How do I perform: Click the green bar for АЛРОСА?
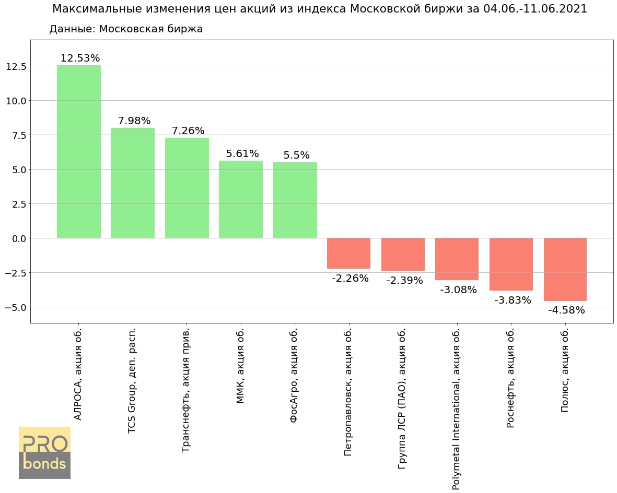(x=78, y=151)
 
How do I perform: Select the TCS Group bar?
(x=133, y=183)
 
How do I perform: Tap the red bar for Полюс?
(x=565, y=269)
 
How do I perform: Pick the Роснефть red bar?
(x=511, y=264)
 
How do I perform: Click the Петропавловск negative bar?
(x=348, y=253)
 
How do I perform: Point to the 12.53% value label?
(x=80, y=58)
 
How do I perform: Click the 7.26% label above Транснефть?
(x=188, y=130)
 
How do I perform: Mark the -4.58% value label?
(x=566, y=310)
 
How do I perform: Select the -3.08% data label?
(x=458, y=290)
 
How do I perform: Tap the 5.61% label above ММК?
(x=242, y=153)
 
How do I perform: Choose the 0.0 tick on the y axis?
(x=18, y=238)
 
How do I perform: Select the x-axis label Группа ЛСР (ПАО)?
(x=402, y=399)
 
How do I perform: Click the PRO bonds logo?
(x=44, y=452)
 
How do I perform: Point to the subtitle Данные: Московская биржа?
(x=126, y=29)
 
